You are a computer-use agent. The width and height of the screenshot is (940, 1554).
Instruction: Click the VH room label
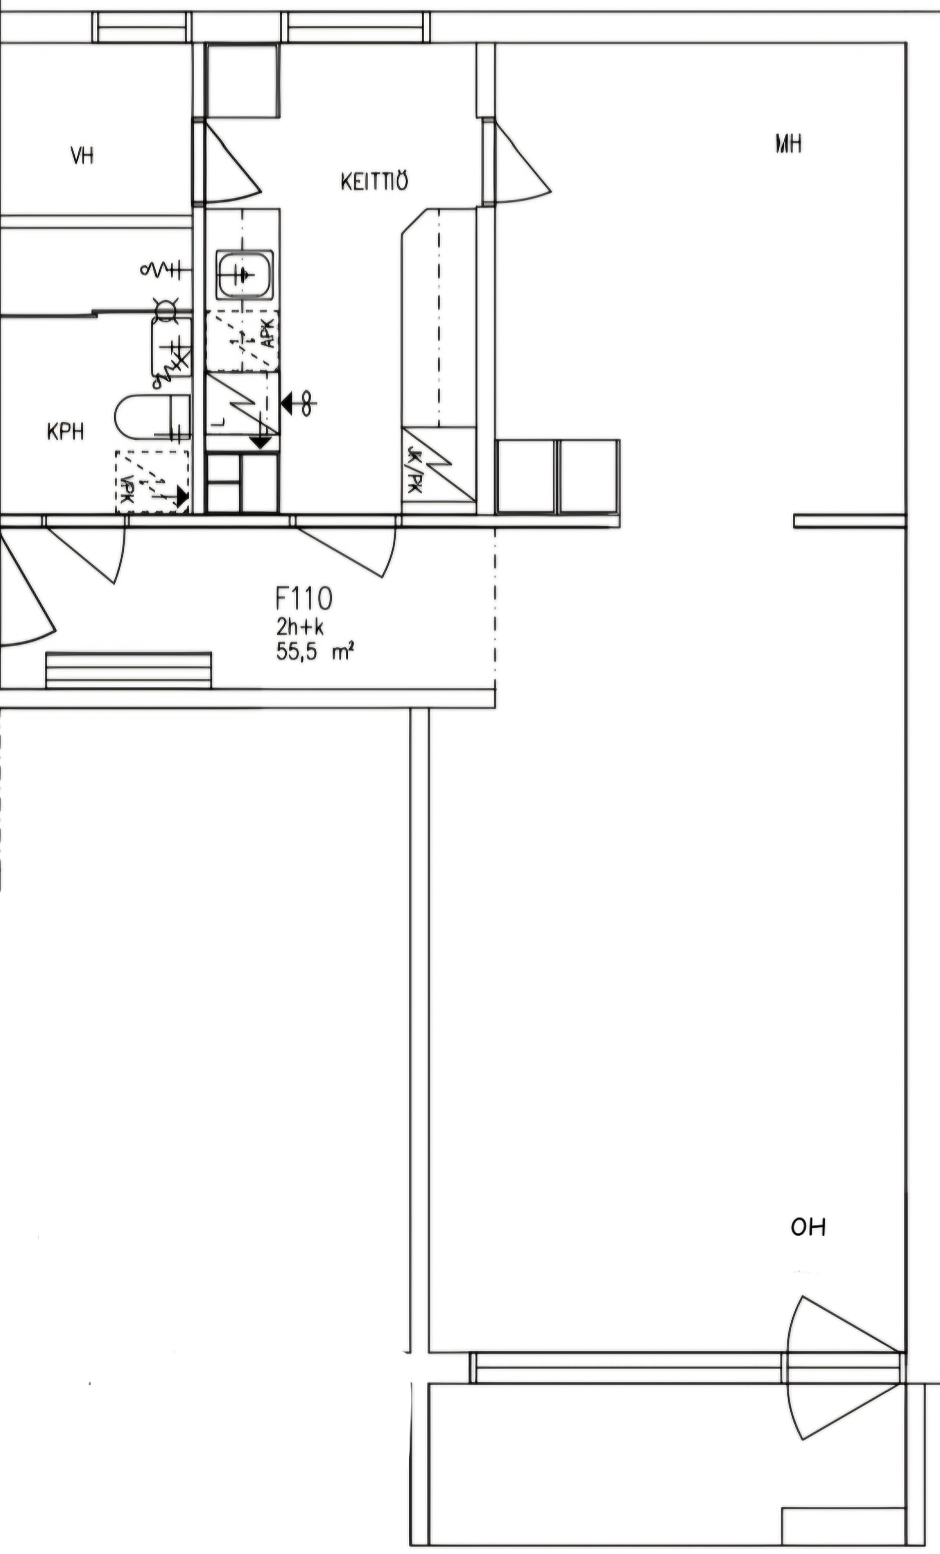point(82,155)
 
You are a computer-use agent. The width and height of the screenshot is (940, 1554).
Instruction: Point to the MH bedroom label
point(788,144)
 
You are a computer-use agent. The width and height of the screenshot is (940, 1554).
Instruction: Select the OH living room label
point(808,1227)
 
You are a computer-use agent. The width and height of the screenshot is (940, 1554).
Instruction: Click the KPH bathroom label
point(65,432)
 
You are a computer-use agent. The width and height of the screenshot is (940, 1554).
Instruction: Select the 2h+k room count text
point(299,627)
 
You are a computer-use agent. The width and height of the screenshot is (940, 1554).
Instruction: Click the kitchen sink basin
point(245,274)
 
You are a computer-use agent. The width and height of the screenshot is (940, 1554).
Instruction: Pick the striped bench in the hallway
point(129,670)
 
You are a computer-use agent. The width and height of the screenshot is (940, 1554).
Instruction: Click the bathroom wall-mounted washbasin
point(170,347)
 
